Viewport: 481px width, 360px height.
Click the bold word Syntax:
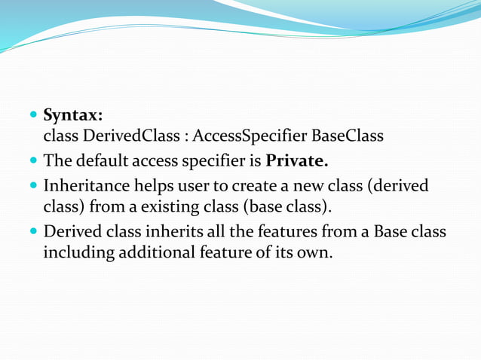(73, 115)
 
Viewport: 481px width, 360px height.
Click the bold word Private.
(297, 161)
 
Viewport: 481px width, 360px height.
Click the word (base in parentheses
(280, 206)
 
